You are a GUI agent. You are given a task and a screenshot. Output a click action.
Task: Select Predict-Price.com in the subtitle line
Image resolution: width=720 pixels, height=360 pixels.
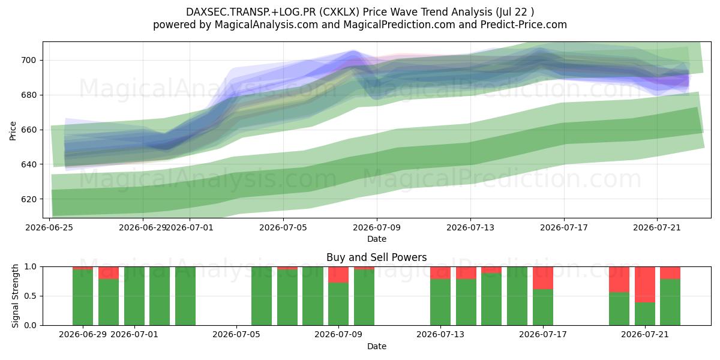(524, 25)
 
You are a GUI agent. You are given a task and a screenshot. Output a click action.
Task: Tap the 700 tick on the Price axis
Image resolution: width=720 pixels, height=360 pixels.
(29, 60)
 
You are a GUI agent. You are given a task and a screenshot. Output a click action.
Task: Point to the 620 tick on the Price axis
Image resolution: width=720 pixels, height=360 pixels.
(29, 199)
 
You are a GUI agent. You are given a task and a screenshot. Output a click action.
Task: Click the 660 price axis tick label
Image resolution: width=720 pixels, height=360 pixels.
(29, 130)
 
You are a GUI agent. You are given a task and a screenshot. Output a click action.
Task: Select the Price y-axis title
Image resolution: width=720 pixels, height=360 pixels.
(13, 131)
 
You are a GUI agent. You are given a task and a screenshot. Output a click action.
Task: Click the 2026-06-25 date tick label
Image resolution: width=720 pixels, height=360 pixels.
(49, 228)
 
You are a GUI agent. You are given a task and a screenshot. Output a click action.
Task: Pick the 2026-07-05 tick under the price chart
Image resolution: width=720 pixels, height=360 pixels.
(283, 228)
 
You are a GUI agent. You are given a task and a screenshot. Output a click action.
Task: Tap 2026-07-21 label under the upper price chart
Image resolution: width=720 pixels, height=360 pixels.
(657, 228)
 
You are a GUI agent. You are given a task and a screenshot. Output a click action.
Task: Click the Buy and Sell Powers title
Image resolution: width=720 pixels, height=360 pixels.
(376, 257)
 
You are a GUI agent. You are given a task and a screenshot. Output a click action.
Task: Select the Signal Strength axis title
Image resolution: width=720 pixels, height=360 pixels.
(15, 296)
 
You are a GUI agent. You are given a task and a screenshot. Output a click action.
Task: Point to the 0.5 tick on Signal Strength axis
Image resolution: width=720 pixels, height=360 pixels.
(31, 296)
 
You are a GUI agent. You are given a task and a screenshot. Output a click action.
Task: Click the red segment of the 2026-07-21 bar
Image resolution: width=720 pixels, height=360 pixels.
(645, 285)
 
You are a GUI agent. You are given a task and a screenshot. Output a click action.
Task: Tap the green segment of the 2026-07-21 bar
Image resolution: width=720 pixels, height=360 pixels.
(645, 314)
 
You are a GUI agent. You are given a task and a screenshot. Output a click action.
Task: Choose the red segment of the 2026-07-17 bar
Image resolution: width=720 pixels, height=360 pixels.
(543, 278)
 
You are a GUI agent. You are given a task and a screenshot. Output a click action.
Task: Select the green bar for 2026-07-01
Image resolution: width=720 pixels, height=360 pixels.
(134, 296)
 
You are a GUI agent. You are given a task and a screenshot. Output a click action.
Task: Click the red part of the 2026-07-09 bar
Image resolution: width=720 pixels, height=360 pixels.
(338, 275)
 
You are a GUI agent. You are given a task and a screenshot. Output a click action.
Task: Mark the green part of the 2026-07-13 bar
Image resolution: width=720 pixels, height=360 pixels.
(440, 302)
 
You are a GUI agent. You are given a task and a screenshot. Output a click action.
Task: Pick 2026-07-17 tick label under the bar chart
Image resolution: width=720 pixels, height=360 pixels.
(543, 335)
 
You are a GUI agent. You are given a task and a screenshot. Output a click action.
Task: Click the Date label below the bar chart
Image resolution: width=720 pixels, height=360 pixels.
(377, 347)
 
